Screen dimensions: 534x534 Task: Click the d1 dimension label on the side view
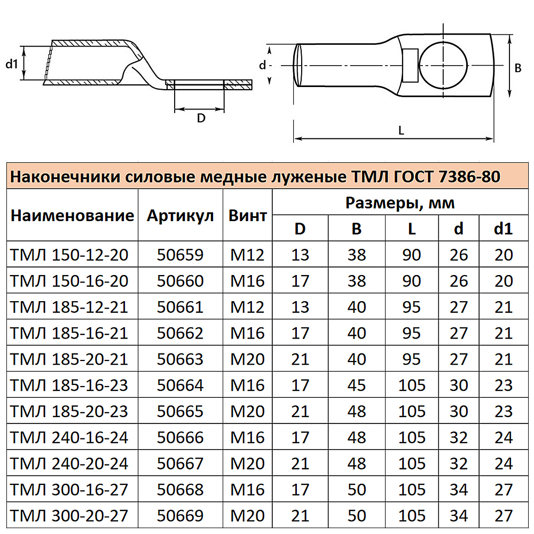tap(12, 64)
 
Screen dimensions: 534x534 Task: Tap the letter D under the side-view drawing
tap(201, 119)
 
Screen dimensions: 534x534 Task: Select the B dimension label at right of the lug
tap(517, 68)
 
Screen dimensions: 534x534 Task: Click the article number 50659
tap(180, 255)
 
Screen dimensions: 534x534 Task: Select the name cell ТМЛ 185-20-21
tap(69, 359)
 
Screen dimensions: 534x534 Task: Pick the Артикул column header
tap(180, 216)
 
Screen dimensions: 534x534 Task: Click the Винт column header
tap(247, 216)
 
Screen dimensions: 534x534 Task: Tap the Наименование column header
tap(72, 216)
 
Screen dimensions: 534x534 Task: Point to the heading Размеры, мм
tap(400, 203)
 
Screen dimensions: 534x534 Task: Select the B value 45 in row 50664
tap(356, 385)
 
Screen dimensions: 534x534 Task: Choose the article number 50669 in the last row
tap(180, 516)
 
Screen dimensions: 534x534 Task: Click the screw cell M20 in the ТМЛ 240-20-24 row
tap(247, 464)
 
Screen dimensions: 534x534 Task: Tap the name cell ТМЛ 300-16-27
tap(69, 490)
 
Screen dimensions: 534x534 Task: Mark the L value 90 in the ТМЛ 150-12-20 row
tap(411, 255)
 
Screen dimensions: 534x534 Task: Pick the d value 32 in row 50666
tap(459, 437)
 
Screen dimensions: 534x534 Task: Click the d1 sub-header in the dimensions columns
tap(503, 229)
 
